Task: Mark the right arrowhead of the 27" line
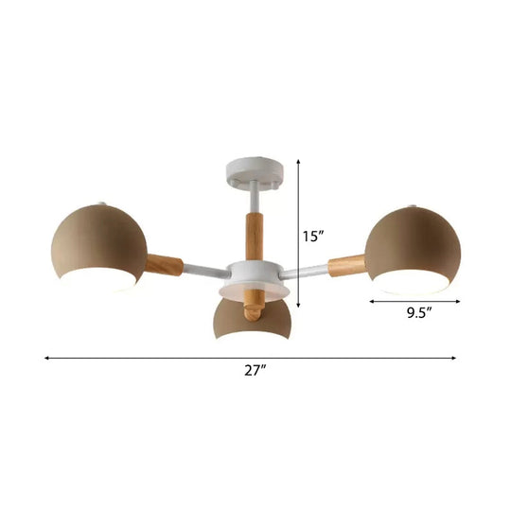click(455, 358)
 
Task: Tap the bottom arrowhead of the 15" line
click(300, 306)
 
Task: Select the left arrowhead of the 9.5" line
click(371, 302)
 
